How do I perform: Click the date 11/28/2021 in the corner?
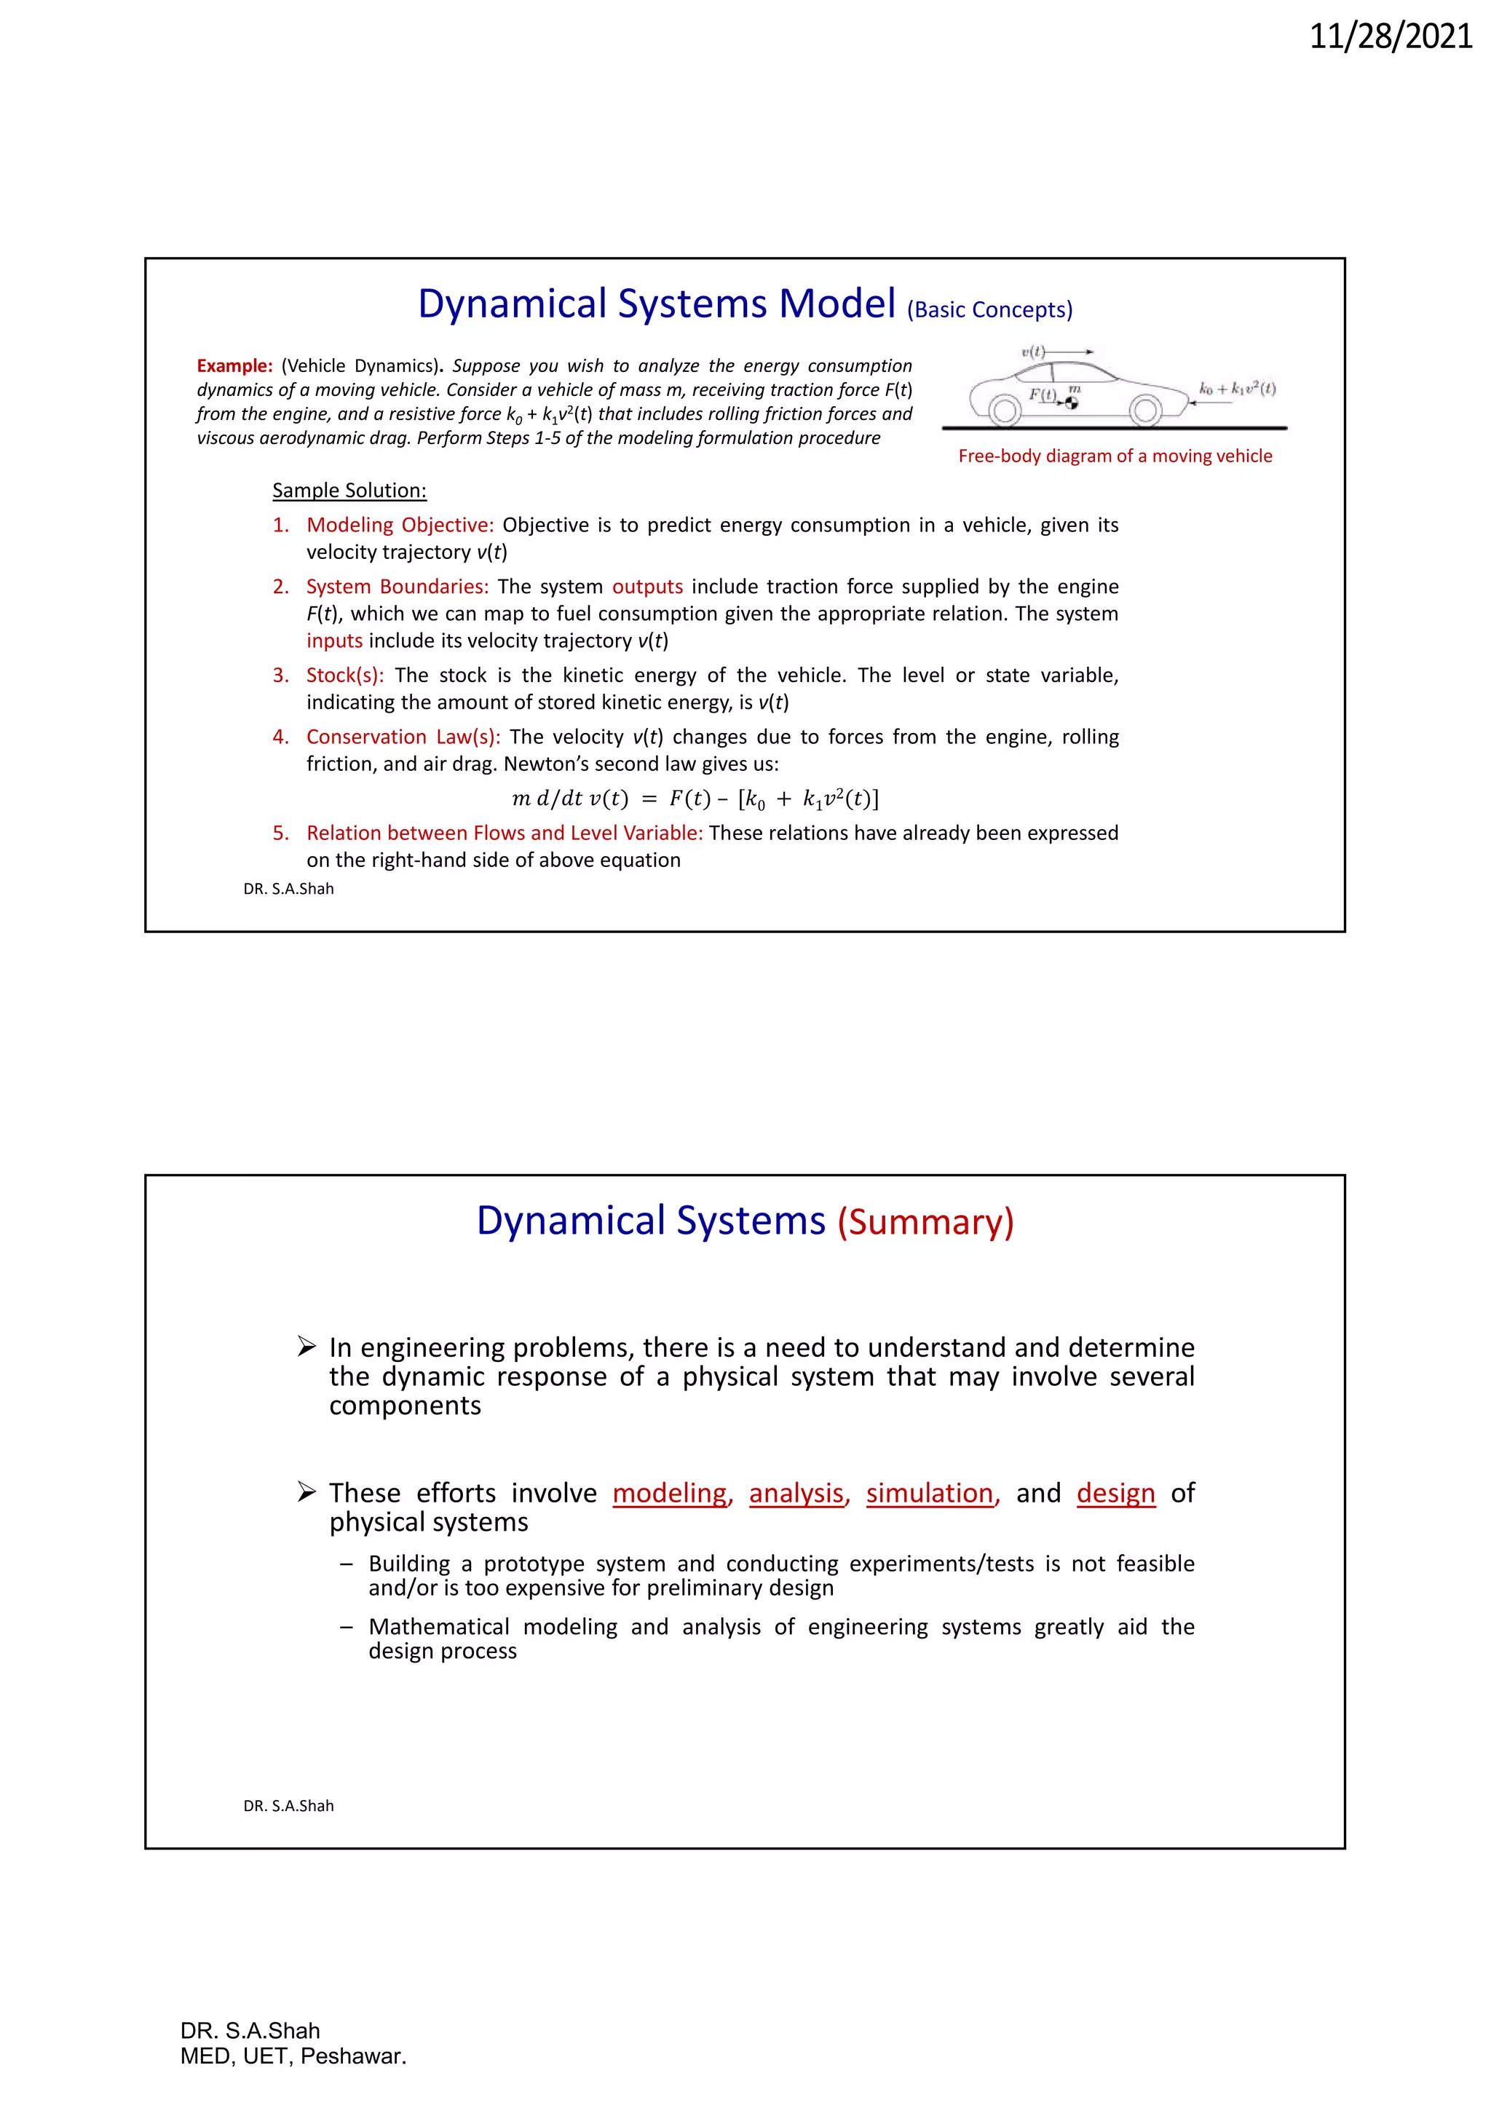click(x=1390, y=36)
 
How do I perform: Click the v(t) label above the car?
click(x=1033, y=352)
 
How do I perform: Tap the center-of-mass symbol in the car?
click(x=1072, y=402)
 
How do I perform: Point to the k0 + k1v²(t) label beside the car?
click(x=1237, y=389)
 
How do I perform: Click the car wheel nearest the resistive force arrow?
click(x=1145, y=411)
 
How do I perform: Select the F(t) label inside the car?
click(x=1042, y=394)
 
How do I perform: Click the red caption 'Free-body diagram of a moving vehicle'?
click(x=1115, y=456)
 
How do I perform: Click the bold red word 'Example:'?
click(x=234, y=365)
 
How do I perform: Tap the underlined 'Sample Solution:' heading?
click(x=349, y=491)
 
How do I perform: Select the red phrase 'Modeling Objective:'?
click(x=400, y=525)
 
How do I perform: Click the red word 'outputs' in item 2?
click(x=647, y=587)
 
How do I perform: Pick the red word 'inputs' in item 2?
click(x=334, y=641)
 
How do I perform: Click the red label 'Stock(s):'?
click(x=344, y=675)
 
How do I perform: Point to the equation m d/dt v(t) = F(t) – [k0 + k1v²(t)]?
click(x=695, y=799)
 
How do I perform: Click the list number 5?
click(x=280, y=833)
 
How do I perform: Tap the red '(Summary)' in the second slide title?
click(x=925, y=1222)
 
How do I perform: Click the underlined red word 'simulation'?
click(x=929, y=1493)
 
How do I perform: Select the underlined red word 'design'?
click(x=1115, y=1493)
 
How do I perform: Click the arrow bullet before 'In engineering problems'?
click(x=306, y=1347)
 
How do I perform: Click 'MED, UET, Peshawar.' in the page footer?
click(x=293, y=2056)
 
